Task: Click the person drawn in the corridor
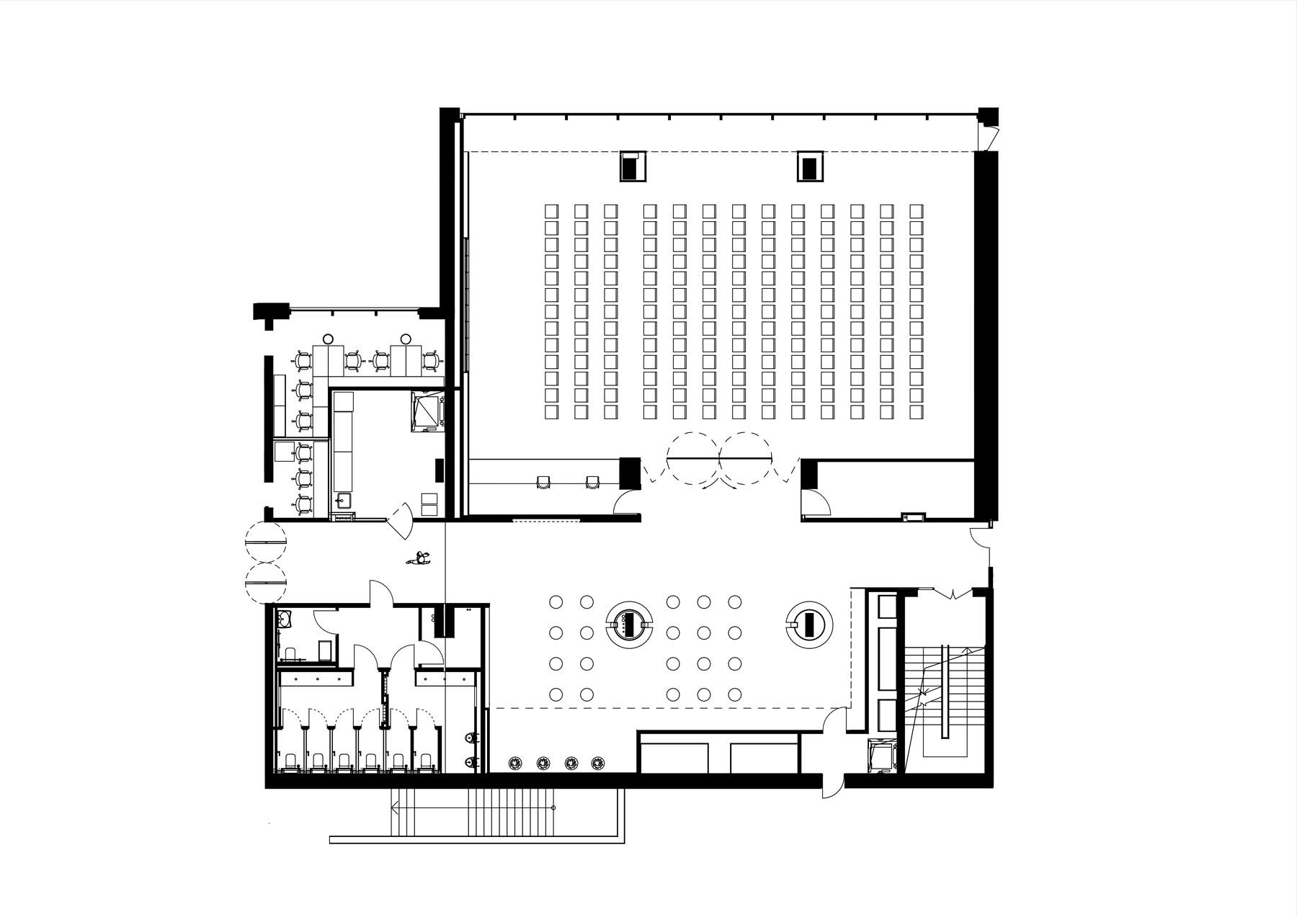pos(418,558)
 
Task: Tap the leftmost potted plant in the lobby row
pos(515,763)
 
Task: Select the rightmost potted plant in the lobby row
pos(597,763)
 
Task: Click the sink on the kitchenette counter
pos(343,501)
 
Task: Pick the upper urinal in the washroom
pos(470,738)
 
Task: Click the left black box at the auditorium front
pos(632,167)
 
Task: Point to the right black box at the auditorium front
pos(809,167)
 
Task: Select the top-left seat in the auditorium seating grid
pos(551,210)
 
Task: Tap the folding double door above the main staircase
pos(953,594)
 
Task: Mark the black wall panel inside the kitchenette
pos(438,470)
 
